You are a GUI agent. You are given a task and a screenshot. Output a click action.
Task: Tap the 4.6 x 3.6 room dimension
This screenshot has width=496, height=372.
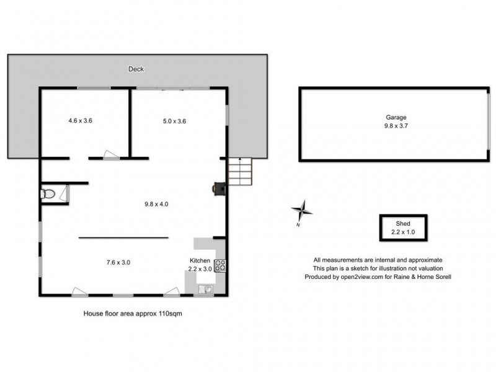click(80, 121)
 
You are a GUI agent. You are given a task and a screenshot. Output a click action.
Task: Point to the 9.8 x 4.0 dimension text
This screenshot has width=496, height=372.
click(156, 203)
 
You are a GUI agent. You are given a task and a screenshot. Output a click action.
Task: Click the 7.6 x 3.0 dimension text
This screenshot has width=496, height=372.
click(118, 262)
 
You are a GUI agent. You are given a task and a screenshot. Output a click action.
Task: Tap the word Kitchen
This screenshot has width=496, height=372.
click(200, 261)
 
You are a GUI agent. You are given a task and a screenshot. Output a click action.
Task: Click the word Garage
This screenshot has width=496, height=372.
click(395, 117)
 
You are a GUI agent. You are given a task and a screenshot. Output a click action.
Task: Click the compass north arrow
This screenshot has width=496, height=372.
click(302, 211)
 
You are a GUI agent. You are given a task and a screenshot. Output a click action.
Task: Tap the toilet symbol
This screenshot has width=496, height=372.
click(47, 194)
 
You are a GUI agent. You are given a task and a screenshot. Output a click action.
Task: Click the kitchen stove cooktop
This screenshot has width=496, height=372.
click(220, 266)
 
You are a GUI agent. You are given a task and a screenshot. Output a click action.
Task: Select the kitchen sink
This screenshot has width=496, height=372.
click(205, 288)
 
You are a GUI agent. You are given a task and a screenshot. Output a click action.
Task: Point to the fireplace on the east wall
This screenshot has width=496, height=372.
click(219, 188)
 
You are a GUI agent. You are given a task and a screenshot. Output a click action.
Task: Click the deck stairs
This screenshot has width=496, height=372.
click(241, 170)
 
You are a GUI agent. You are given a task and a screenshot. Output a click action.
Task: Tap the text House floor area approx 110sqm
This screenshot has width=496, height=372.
click(133, 314)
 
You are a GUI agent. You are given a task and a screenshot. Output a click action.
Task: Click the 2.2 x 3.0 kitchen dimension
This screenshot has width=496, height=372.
click(200, 269)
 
